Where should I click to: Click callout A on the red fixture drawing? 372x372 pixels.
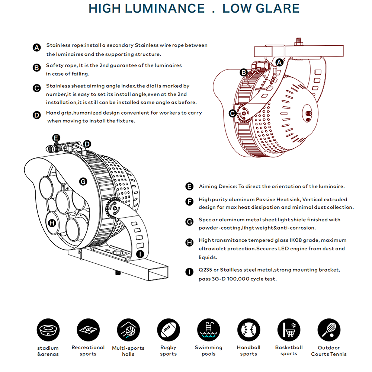click(279, 63)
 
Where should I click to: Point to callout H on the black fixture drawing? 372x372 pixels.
click(52, 223)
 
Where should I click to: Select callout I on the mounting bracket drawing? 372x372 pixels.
click(140, 254)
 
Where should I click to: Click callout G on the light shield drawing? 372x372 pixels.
click(83, 181)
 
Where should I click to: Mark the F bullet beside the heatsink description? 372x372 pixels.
click(189, 202)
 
